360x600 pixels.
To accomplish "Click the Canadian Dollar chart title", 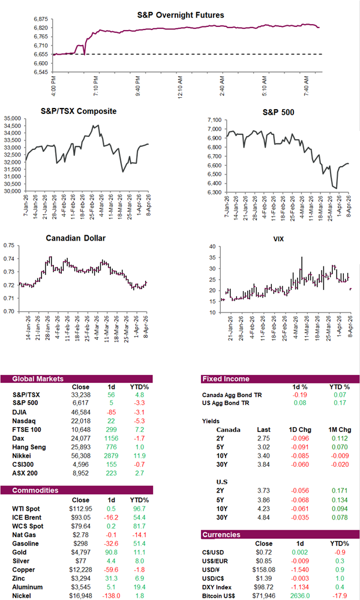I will [76, 238].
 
